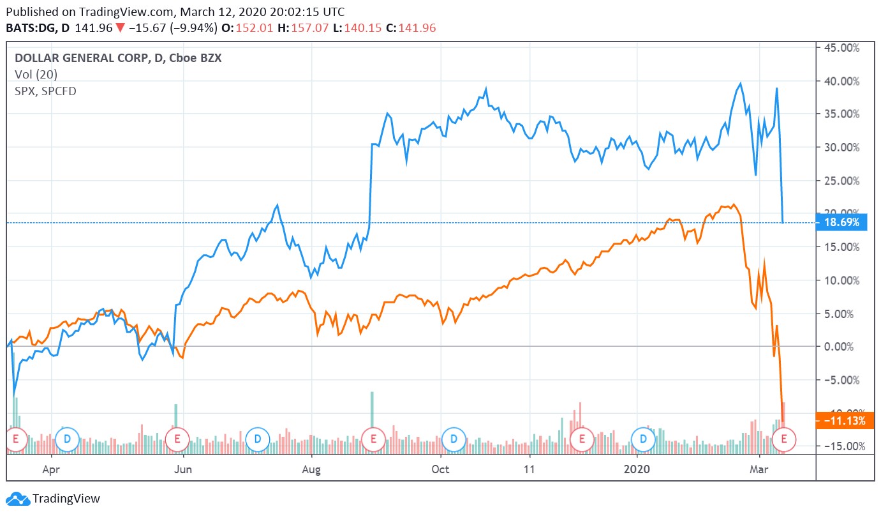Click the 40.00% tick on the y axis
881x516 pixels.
pyautogui.click(x=840, y=81)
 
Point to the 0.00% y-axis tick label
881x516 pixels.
pyautogui.click(x=843, y=347)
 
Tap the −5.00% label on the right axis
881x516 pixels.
pyautogui.click(x=840, y=380)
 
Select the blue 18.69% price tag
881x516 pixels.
pyautogui.click(x=841, y=222)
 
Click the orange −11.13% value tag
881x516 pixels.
pyautogui.click(x=841, y=421)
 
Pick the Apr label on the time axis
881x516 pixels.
pyautogui.click(x=51, y=469)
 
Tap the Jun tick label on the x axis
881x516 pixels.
pyautogui.click(x=184, y=469)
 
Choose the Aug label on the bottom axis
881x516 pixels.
pyautogui.click(x=311, y=469)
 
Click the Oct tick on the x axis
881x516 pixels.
pyautogui.click(x=440, y=469)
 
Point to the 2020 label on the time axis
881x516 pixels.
pyautogui.click(x=637, y=469)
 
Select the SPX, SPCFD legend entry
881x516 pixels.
pyautogui.click(x=45, y=91)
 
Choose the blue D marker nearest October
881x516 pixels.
pyautogui.click(x=454, y=438)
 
